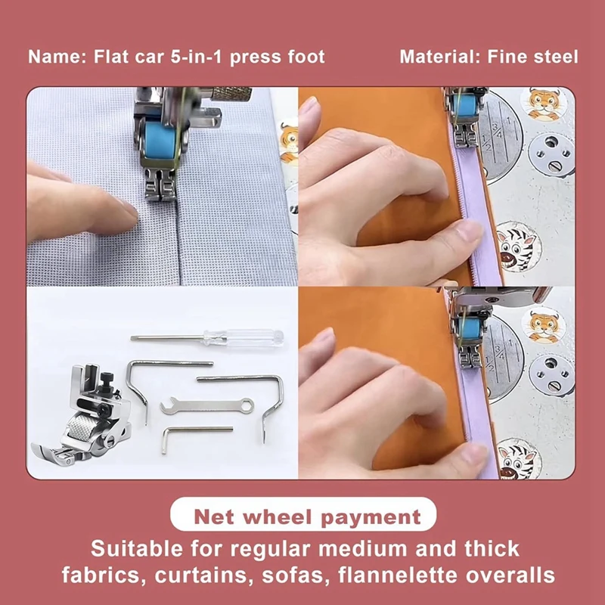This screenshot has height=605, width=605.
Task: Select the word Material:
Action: (437, 57)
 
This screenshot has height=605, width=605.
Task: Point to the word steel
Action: (555, 57)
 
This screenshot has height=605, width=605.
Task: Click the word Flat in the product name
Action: (107, 57)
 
